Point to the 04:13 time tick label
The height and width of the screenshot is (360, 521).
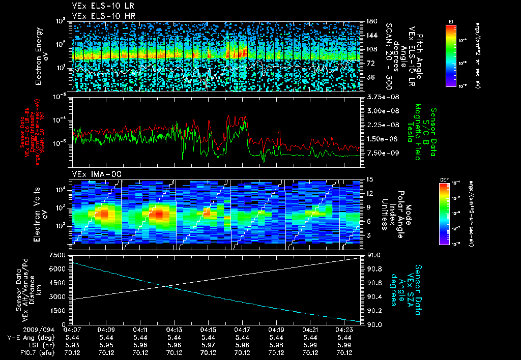(175, 331)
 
